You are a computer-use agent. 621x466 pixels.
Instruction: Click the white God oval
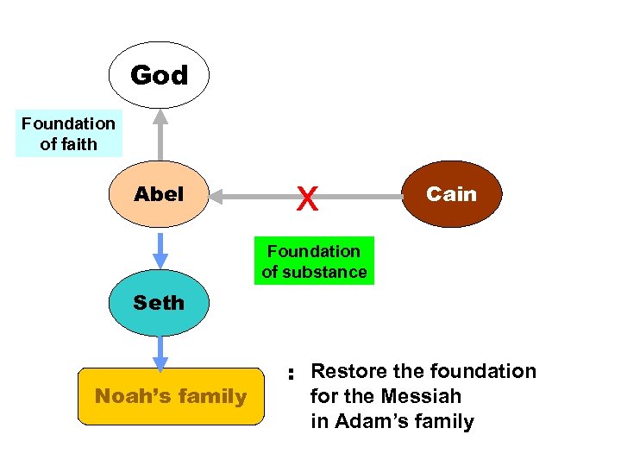(x=159, y=75)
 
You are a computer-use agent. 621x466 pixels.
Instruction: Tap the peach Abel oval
(x=159, y=194)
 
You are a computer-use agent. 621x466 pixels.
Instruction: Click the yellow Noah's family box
(x=171, y=396)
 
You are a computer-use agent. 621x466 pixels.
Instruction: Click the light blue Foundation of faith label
(x=68, y=134)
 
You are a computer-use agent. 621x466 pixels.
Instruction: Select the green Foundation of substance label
(x=314, y=261)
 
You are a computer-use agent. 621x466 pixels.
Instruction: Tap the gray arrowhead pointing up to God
(x=160, y=116)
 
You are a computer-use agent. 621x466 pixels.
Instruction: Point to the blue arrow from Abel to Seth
(x=160, y=249)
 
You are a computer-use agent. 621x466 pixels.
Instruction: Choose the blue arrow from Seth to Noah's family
(x=160, y=352)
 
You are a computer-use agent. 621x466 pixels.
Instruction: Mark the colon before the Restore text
(x=292, y=375)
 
